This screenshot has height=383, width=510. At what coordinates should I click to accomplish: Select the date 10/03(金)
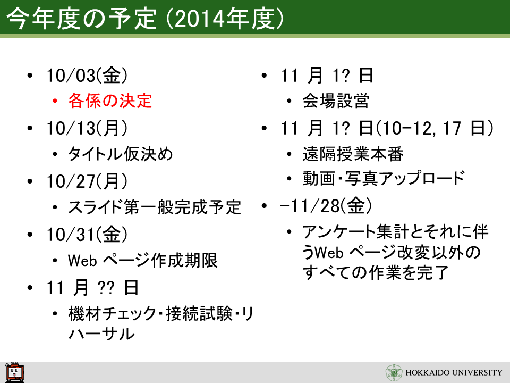pos(87,75)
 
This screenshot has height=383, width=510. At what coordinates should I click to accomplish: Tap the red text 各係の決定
pos(110,101)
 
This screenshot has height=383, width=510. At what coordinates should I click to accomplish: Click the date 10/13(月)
pos(87,128)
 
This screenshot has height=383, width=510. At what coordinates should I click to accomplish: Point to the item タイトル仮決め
pos(121,154)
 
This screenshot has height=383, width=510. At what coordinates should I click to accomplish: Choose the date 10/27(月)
pos(87,181)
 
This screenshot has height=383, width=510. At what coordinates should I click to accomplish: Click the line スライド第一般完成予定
pos(155,207)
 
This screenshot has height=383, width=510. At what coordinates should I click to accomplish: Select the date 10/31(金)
pos(87,234)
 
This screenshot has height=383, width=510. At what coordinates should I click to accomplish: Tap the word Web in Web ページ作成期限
pos(82,261)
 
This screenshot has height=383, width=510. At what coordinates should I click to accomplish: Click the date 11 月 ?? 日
pos(92,288)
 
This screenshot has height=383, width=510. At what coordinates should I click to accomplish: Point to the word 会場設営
pos(336,101)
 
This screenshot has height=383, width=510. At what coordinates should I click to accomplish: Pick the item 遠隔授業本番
pos(353,154)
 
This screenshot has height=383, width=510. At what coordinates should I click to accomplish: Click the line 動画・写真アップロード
pos(384,178)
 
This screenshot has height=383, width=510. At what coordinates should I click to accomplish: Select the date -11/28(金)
pos(326,205)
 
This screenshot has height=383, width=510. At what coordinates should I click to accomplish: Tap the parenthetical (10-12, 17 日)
pos(435,128)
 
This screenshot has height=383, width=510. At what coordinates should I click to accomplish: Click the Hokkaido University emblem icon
pos(394,372)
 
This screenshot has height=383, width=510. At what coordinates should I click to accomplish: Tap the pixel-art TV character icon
pos(15,372)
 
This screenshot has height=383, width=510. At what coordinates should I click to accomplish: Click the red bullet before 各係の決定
pos(55,101)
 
